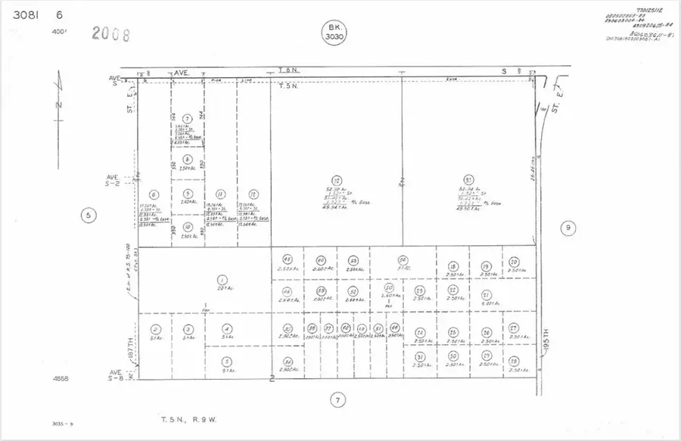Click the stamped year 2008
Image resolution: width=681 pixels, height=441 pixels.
[110, 34]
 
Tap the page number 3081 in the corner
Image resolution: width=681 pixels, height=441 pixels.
[22, 14]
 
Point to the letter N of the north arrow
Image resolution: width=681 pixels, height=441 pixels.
[59, 105]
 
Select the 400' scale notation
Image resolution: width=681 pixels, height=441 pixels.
[59, 32]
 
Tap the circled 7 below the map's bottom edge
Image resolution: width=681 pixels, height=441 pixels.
[338, 399]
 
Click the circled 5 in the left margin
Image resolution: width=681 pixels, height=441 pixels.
[89, 216]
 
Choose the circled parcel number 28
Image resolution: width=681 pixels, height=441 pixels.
[514, 360]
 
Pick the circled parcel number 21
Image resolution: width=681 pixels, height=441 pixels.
[487, 295]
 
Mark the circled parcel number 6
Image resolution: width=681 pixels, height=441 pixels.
[154, 194]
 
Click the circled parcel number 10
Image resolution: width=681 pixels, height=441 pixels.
[188, 225]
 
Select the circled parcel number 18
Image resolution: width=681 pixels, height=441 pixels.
[452, 266]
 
